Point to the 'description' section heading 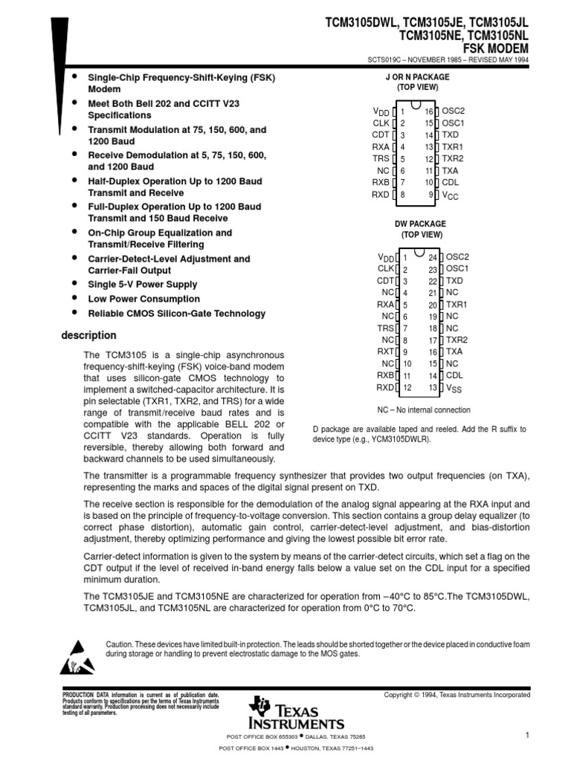[88, 335]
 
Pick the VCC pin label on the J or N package [451, 195]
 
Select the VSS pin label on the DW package [454, 388]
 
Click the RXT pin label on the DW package [385, 352]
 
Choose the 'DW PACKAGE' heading [420, 224]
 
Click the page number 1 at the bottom [526, 735]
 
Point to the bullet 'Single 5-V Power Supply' [143, 284]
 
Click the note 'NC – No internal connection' [424, 409]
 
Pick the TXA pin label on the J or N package [451, 170]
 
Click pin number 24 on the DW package [433, 257]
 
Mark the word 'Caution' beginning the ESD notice [120, 644]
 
